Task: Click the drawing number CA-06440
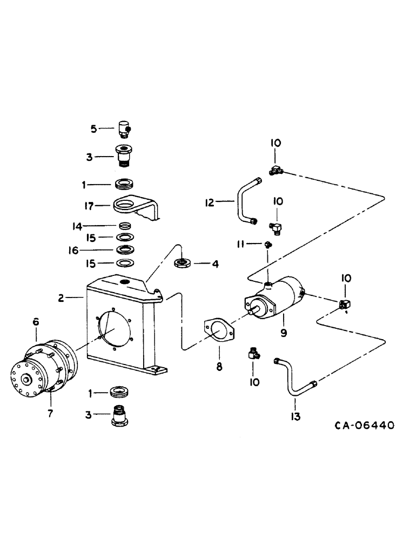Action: [364, 426]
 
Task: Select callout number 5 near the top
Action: [93, 129]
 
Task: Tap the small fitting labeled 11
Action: [268, 244]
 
